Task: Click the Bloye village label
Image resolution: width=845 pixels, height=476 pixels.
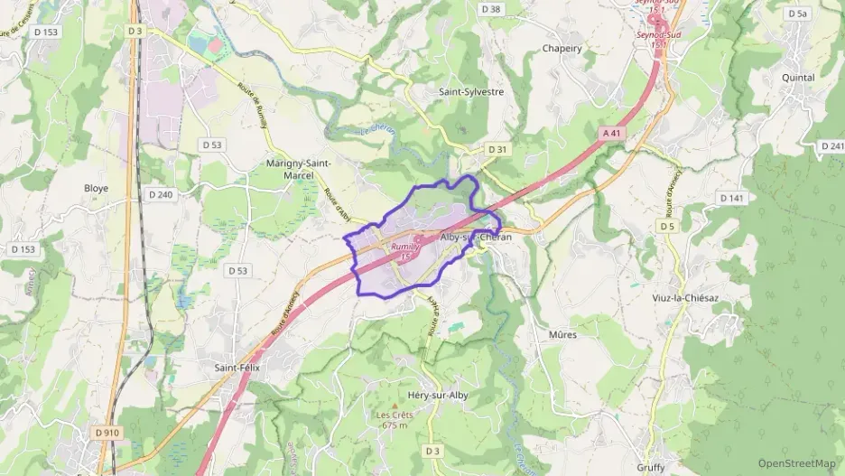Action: [x=96, y=188]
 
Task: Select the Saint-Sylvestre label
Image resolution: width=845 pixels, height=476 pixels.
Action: [x=471, y=91]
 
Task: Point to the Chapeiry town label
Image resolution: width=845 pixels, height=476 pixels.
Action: [x=562, y=49]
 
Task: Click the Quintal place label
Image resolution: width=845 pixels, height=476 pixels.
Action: [x=798, y=78]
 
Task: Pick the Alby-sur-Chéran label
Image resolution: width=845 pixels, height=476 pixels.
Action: [x=476, y=237]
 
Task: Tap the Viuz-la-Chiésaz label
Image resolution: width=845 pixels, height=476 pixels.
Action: [x=690, y=297]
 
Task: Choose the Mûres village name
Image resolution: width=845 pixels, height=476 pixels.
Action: [x=562, y=334]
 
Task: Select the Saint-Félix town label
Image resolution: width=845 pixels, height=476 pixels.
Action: [x=237, y=368]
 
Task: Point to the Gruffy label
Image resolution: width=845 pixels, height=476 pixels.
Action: [x=650, y=467]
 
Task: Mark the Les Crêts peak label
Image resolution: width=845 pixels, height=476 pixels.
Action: [x=395, y=415]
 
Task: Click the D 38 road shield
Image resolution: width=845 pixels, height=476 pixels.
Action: [x=491, y=9]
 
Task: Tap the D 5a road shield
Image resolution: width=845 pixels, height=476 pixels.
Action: [x=797, y=14]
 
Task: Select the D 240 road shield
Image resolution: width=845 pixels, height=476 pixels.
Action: [x=160, y=194]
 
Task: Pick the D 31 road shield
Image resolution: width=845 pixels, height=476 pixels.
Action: [x=497, y=149]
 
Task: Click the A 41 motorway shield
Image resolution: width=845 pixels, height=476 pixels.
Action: [x=612, y=133]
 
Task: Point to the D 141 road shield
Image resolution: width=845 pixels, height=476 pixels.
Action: [x=731, y=198]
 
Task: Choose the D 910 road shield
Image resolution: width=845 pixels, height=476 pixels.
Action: [x=107, y=433]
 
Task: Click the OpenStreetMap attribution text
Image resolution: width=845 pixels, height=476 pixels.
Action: [x=796, y=463]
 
